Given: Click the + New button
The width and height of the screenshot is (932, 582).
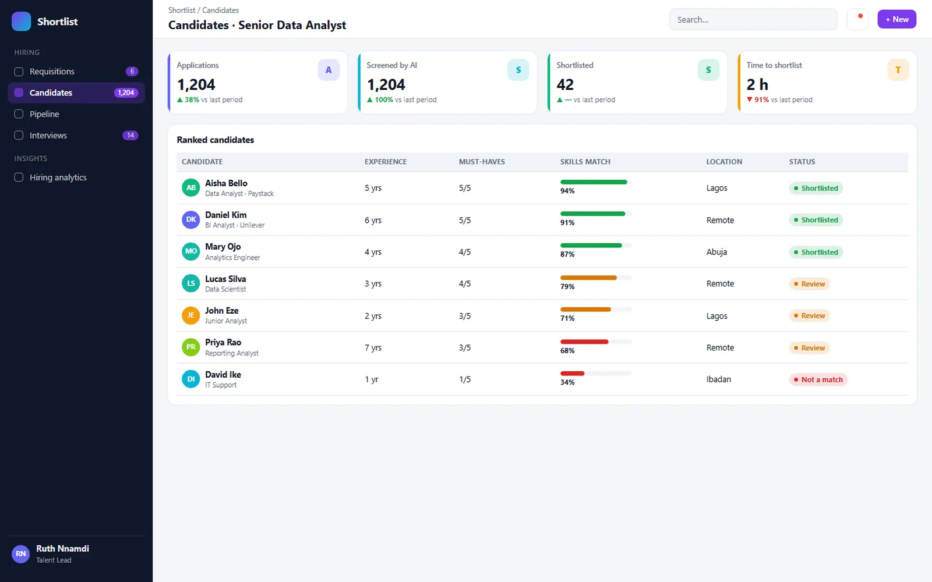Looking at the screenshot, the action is click(x=896, y=19).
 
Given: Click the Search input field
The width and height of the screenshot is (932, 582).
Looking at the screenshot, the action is click(x=753, y=20).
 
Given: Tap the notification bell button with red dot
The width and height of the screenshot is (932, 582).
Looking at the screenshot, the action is click(x=857, y=19).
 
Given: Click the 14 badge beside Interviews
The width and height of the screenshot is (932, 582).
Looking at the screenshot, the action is click(x=130, y=135).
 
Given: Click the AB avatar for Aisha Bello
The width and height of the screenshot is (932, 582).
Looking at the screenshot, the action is click(x=190, y=187).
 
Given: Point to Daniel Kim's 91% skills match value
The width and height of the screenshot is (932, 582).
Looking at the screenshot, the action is click(x=567, y=222).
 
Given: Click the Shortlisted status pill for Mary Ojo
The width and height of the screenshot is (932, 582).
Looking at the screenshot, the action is click(x=815, y=252).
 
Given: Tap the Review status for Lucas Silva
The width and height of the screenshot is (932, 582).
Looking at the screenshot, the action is click(x=809, y=284).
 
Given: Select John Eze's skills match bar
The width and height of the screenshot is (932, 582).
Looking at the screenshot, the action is click(x=595, y=309).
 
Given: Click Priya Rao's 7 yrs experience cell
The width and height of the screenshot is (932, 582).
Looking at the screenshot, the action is click(x=373, y=347).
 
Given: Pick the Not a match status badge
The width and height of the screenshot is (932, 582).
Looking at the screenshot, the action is click(x=818, y=379).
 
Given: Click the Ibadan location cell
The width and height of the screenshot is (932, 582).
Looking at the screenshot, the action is click(x=719, y=379).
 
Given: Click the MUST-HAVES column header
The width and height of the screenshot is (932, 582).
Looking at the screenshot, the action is click(x=482, y=162).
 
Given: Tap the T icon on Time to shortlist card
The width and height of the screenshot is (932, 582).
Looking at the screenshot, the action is click(x=898, y=70).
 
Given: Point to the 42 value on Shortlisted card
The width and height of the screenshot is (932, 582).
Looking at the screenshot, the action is click(x=565, y=85).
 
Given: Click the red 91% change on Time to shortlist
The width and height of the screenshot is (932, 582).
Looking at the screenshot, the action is click(x=761, y=100).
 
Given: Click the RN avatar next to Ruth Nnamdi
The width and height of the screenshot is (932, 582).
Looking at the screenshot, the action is click(x=20, y=553).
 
